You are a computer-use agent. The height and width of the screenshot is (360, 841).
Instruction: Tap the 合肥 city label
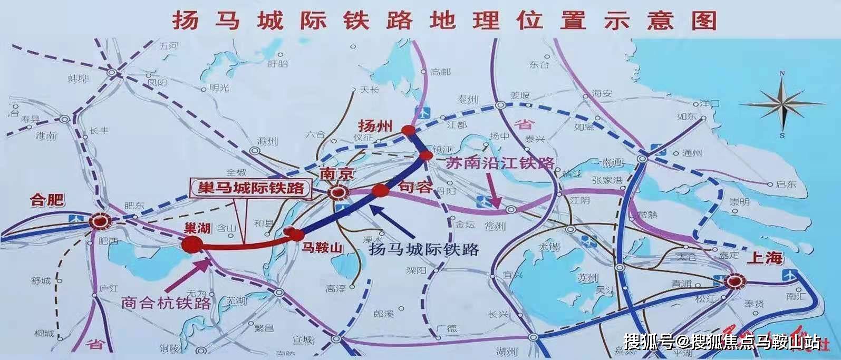click(x=47, y=200)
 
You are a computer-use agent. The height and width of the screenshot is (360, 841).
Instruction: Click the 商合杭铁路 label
click(x=166, y=303)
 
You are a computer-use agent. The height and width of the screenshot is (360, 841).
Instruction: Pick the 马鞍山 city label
click(x=322, y=247)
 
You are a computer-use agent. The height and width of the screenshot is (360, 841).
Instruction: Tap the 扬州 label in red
click(x=375, y=126)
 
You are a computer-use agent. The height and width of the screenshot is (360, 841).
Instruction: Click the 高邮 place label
click(x=440, y=72)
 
